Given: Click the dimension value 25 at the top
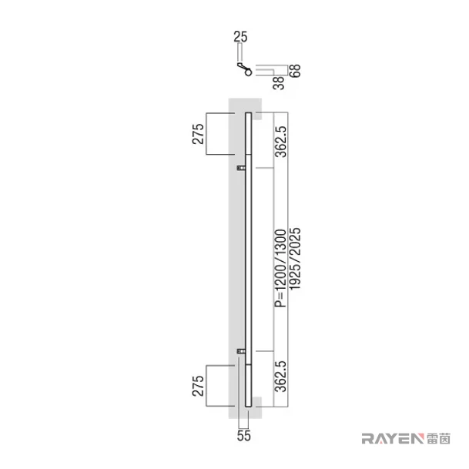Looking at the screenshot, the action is (240, 37).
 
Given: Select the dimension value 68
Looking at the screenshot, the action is (295, 71).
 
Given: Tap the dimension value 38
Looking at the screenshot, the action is (279, 83).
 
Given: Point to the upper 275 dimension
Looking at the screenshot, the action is (198, 134).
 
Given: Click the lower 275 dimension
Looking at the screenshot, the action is (198, 386).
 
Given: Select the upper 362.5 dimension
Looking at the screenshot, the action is (280, 141).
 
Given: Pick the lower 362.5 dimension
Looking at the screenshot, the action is (280, 377).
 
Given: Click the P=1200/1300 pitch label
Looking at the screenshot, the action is (280, 268).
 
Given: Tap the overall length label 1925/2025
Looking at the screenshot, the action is (295, 258).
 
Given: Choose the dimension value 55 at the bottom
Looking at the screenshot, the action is (244, 436).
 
